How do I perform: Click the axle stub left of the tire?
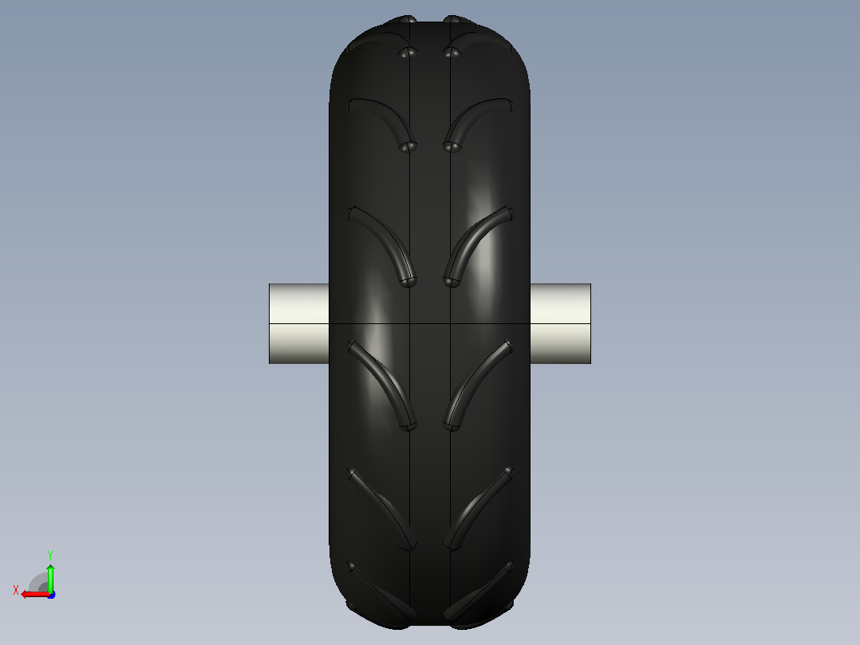[299, 323]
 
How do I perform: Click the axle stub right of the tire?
[561, 323]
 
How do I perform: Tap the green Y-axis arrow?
[50, 577]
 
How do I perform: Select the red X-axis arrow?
[36, 595]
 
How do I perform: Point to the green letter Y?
[50, 555]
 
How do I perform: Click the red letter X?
[16, 591]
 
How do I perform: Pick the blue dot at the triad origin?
[52, 595]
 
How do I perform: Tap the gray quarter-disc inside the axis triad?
[38, 583]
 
